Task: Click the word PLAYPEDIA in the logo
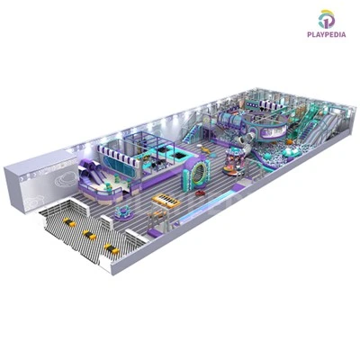[x=326, y=34]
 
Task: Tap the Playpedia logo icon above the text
[x=327, y=20]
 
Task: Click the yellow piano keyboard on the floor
[x=166, y=201]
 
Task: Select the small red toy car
[x=200, y=193]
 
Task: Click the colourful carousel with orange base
[x=234, y=161]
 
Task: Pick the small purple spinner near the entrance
[x=123, y=212]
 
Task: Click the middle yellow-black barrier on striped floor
[x=90, y=235]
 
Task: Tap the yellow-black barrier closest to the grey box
[x=69, y=222]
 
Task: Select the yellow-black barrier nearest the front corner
[x=112, y=248]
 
